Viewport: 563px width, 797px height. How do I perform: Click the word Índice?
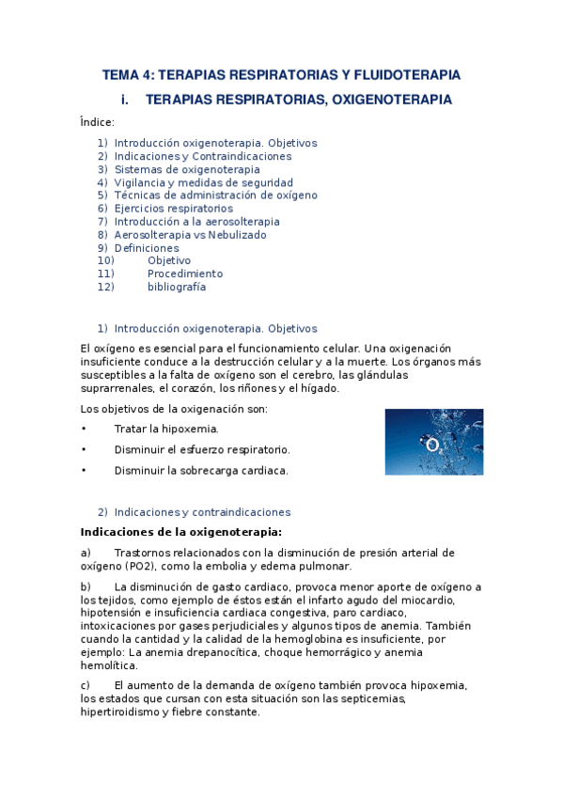(98, 122)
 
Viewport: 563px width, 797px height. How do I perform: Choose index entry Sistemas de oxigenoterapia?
(187, 169)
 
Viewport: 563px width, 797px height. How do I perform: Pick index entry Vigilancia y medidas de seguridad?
(203, 182)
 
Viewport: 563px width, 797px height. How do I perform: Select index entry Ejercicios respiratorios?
(173, 209)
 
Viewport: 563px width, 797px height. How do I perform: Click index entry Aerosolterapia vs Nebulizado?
(190, 235)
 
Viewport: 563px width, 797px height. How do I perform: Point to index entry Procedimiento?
(185, 273)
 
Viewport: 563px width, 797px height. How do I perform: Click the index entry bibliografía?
(177, 287)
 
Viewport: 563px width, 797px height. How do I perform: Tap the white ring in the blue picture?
(432, 445)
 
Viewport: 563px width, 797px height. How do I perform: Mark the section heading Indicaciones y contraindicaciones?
(202, 512)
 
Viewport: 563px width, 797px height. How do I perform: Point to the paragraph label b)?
(86, 586)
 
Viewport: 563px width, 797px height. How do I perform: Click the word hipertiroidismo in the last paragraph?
(120, 711)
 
